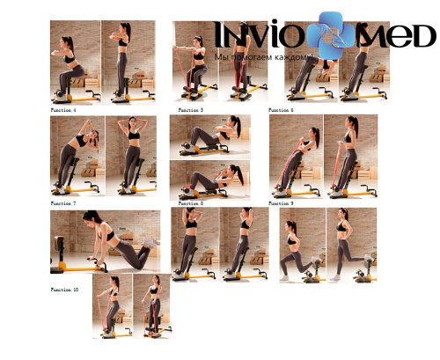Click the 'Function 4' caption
pos(63,111)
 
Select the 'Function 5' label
pos(190,111)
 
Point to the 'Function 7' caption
pos(63,203)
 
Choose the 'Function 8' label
pos(190,203)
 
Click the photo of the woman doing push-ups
pos(106,241)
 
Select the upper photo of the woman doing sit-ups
pos(209,136)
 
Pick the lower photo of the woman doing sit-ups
pos(209,180)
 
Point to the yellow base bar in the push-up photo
pos(84,261)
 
